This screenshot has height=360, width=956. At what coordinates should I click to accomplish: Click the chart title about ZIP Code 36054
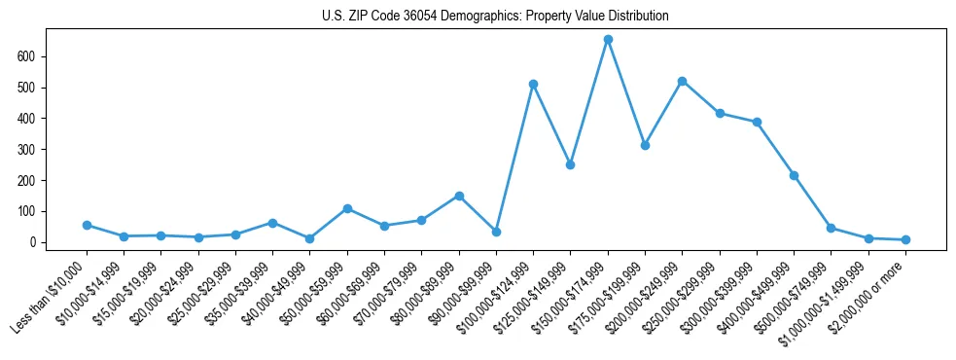point(495,17)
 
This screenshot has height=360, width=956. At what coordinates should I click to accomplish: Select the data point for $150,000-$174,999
point(608,40)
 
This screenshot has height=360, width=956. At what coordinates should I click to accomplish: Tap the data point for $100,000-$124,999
point(533,84)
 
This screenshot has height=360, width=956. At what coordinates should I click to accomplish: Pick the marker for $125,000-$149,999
point(570,164)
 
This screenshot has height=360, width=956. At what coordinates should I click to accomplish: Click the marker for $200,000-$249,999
point(683,81)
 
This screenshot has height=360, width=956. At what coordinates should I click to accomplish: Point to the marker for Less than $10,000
point(87,225)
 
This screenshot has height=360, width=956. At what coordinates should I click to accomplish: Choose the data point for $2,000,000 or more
point(905,239)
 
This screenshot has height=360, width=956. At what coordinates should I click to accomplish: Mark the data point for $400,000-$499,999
point(794,175)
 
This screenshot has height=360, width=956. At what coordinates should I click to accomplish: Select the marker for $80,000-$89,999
point(459,196)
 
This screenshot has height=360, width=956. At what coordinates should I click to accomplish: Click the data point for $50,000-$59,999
point(347,208)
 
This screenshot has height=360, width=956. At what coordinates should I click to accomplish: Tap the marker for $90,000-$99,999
point(496,232)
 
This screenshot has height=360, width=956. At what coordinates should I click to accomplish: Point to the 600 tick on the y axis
point(35,56)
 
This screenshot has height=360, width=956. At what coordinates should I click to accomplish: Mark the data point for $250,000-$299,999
point(720,113)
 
